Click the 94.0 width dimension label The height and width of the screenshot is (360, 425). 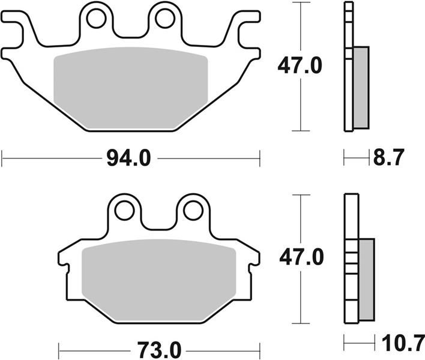pos(128,158)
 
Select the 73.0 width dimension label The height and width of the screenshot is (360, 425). pos(159,350)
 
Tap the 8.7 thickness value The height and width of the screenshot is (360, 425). pos(389,157)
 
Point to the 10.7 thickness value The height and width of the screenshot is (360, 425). pos(403,343)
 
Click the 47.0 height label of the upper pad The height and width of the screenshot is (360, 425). pos(300,65)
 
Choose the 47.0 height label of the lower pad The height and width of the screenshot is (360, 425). pos(301,257)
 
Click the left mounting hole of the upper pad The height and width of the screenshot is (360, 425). pos(96,18)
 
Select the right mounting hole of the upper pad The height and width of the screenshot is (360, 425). pos(165,18)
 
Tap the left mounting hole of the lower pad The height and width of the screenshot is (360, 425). pos(124,211)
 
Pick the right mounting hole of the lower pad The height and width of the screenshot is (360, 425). pos(193,211)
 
